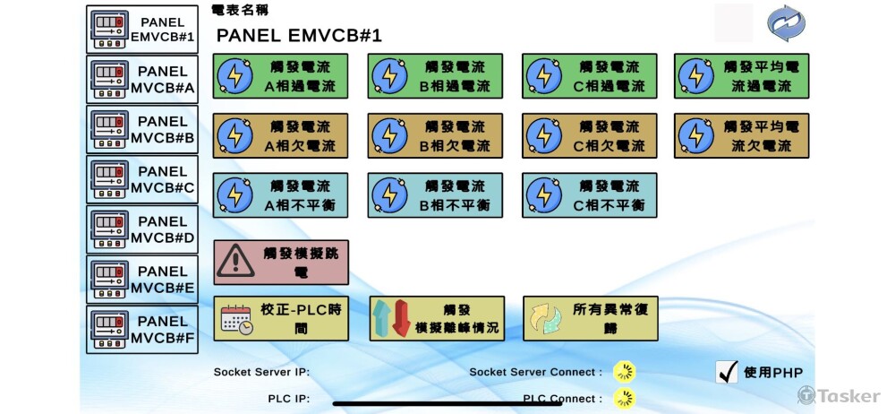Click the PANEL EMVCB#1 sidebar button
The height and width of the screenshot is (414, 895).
pyautogui.click(x=143, y=30)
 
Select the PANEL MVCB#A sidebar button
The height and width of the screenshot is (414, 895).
pyautogui.click(x=143, y=80)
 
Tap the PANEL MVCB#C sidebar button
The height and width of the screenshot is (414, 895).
pyautogui.click(x=143, y=179)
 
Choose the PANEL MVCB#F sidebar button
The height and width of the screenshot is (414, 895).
pyautogui.click(x=143, y=330)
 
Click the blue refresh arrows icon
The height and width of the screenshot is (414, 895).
pyautogui.click(x=786, y=23)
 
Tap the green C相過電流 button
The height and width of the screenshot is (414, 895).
pyautogui.click(x=590, y=76)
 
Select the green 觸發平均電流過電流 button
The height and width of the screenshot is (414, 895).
pyautogui.click(x=742, y=76)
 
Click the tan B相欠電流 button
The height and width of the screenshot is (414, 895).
pyautogui.click(x=435, y=135)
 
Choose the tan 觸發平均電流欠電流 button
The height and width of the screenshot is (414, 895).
pyautogui.click(x=742, y=135)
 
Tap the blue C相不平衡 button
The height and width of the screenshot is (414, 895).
pyautogui.click(x=590, y=194)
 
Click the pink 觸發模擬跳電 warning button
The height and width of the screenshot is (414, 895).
pyautogui.click(x=281, y=262)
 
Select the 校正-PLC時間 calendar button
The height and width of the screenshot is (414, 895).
pyautogui.click(x=281, y=319)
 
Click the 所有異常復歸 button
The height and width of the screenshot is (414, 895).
pyautogui.click(x=590, y=319)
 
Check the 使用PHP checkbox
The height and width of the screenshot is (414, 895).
pyautogui.click(x=728, y=373)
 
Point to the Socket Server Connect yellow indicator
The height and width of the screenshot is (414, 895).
pyautogui.click(x=624, y=372)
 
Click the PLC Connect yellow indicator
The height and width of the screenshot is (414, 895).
pyautogui.click(x=624, y=399)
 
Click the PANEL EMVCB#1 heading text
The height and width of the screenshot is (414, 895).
pyautogui.click(x=299, y=36)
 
